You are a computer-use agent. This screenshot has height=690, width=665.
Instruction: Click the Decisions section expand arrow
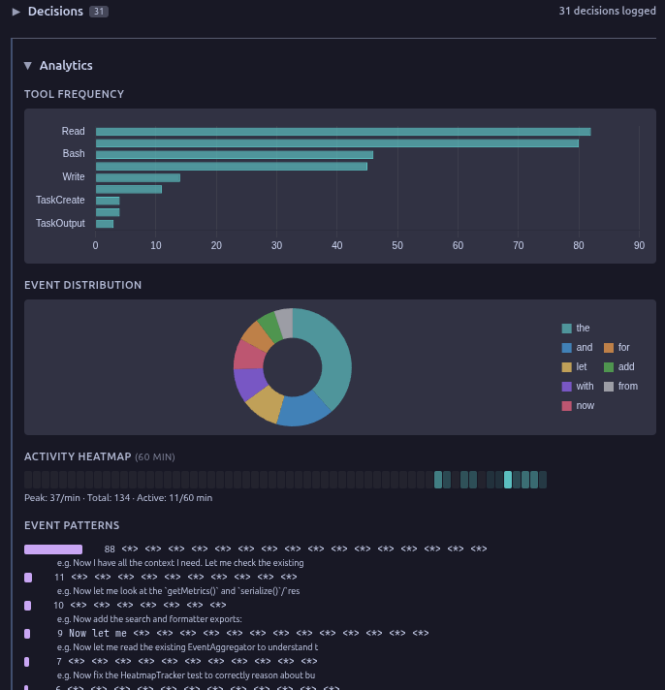[x=16, y=12]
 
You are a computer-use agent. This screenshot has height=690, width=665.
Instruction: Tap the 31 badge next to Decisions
[x=98, y=12]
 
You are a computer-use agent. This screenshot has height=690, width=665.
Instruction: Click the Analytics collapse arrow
[x=28, y=66]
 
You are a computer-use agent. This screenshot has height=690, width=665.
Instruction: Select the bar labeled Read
[x=342, y=132]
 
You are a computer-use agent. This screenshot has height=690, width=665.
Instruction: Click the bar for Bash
[x=234, y=154]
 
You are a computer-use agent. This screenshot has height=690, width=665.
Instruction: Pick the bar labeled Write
[x=138, y=177]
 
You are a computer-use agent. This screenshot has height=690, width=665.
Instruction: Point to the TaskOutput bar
[x=105, y=224]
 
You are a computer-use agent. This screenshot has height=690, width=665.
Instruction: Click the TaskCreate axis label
[x=60, y=200]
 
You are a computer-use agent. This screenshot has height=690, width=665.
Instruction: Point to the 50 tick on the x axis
[x=397, y=245]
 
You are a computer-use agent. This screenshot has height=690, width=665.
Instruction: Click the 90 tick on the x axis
[x=639, y=245]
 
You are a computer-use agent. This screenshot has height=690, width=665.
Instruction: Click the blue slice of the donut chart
[x=303, y=409]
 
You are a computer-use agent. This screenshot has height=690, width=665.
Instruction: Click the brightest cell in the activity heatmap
[x=508, y=480]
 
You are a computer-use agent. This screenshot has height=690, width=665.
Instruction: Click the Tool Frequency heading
[x=74, y=94]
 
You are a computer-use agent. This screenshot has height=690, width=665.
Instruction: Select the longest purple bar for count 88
[x=53, y=549]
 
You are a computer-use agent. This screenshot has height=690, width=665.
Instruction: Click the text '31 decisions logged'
[x=607, y=11]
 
